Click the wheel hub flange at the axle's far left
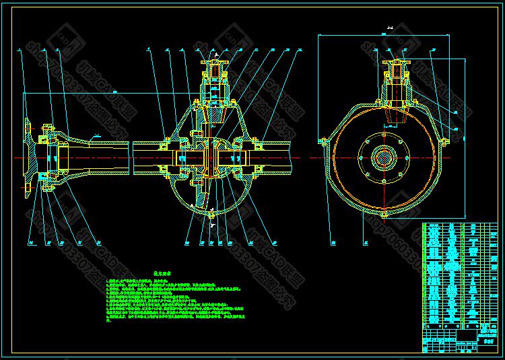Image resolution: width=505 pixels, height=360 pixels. [x=29, y=157]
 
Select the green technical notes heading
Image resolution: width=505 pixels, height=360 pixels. [x=164, y=275]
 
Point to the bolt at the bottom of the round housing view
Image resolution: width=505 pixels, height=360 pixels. [x=382, y=215]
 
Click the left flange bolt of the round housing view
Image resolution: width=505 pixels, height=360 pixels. [x=321, y=141]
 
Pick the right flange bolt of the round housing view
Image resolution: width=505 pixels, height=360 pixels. [x=444, y=141]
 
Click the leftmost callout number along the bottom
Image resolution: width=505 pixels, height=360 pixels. [x=31, y=241]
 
